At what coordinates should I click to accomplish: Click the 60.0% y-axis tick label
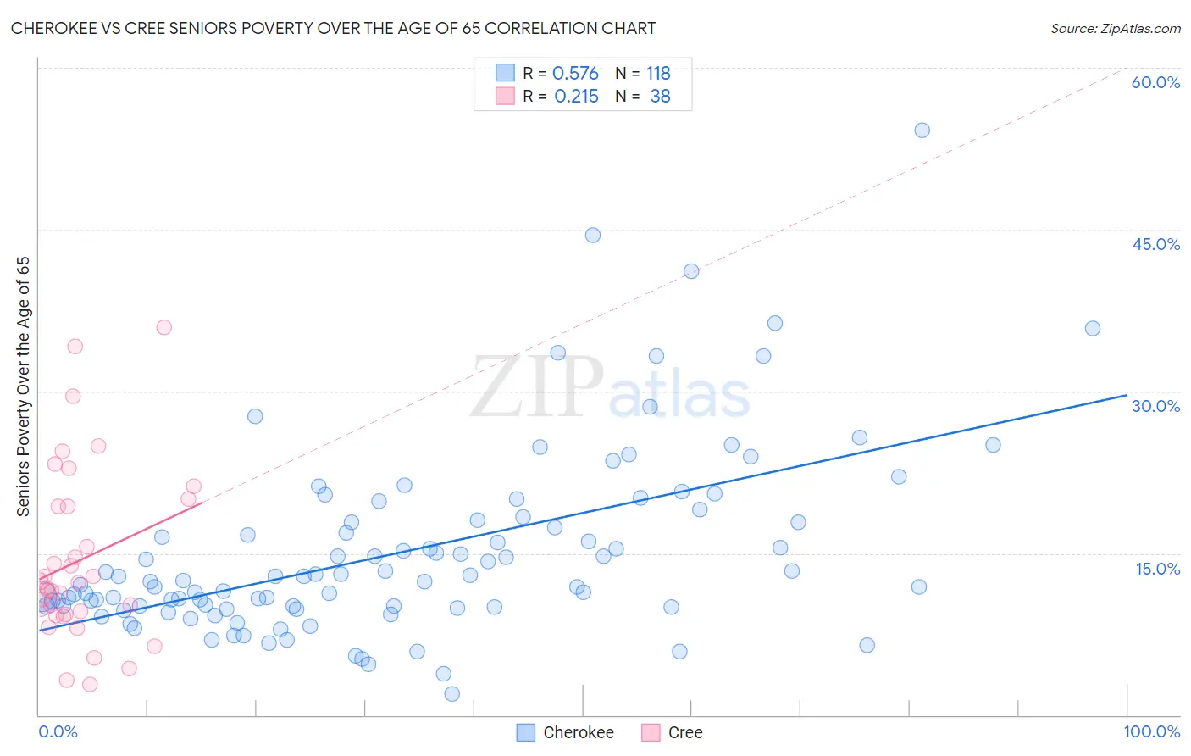pyautogui.click(x=1155, y=82)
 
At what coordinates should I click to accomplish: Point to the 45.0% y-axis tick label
pyautogui.click(x=1155, y=244)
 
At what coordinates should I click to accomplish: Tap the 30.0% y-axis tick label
pyautogui.click(x=1155, y=406)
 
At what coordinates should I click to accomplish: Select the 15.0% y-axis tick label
pyautogui.click(x=1157, y=569)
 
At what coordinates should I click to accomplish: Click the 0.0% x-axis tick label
pyautogui.click(x=58, y=731)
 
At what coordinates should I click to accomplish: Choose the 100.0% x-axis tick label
pyautogui.click(x=1151, y=731)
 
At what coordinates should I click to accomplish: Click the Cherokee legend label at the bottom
pyautogui.click(x=578, y=732)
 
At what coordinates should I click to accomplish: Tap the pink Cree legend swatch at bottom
pyautogui.click(x=651, y=732)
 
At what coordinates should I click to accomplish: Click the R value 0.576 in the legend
pyautogui.click(x=575, y=74)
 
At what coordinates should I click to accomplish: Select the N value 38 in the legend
pyautogui.click(x=660, y=97)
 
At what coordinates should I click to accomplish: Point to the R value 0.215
pyautogui.click(x=576, y=97)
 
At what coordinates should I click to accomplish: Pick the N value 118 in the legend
pyautogui.click(x=658, y=74)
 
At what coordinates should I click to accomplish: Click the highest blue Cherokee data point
pyautogui.click(x=922, y=131)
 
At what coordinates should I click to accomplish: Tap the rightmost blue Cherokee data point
pyautogui.click(x=1093, y=329)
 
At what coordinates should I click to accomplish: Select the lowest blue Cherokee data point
pyautogui.click(x=452, y=694)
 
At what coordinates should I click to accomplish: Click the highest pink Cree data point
pyautogui.click(x=164, y=327)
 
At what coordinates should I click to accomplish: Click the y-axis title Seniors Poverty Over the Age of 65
pyautogui.click(x=23, y=386)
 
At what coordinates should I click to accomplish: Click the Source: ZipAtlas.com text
pyautogui.click(x=1115, y=28)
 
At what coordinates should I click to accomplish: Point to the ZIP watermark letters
pyautogui.click(x=536, y=387)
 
